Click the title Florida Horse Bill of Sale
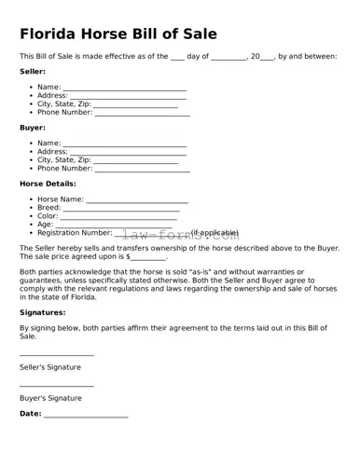(x=118, y=34)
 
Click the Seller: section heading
(x=33, y=71)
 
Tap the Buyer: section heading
(x=33, y=127)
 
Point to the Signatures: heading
(x=42, y=312)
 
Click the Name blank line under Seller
(x=124, y=89)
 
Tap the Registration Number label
(x=75, y=233)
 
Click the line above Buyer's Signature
(x=57, y=386)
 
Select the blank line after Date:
(x=86, y=416)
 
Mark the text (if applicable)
(x=215, y=233)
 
